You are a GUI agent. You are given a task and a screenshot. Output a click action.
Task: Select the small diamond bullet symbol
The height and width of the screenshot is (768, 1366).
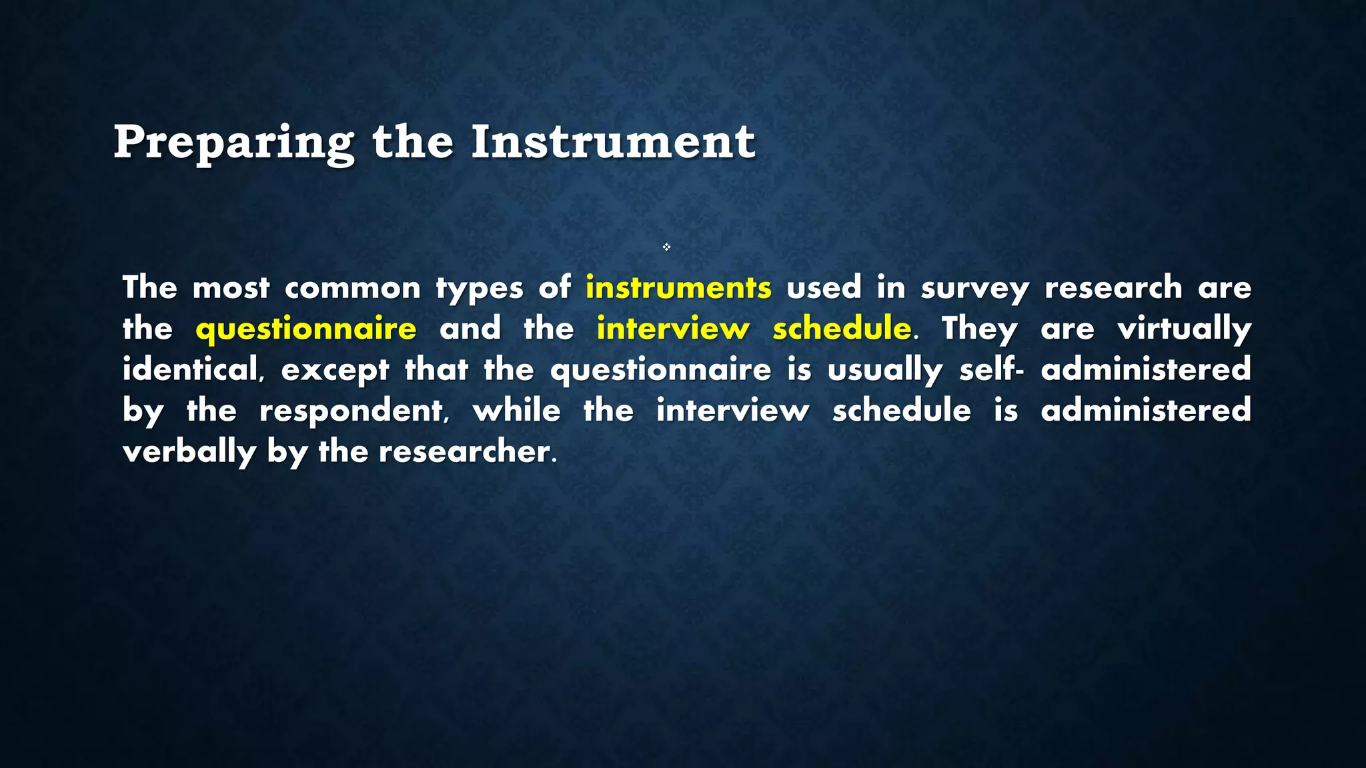click(666, 247)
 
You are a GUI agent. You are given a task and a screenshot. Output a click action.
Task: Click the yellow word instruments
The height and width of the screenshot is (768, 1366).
click(678, 288)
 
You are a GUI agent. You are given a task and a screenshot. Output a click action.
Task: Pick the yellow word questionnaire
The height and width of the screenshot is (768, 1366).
click(306, 329)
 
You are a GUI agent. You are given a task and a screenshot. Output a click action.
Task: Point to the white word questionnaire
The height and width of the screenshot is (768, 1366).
click(660, 370)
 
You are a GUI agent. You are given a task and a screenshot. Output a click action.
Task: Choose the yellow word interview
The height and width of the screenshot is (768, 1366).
click(673, 329)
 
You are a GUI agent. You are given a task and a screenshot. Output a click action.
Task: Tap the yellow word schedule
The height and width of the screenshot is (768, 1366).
click(842, 329)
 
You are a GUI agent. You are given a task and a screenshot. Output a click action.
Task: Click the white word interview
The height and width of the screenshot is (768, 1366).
click(732, 411)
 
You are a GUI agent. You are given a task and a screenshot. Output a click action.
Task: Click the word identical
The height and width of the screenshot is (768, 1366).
click(189, 370)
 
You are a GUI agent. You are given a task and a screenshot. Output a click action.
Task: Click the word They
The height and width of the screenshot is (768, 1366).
click(979, 329)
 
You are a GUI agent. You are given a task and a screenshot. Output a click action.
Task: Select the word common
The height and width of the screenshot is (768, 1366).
click(352, 289)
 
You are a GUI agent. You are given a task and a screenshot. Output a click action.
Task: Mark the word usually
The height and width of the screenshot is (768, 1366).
click(884, 370)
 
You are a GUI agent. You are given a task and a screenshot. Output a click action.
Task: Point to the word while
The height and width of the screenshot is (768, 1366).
click(516, 411)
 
